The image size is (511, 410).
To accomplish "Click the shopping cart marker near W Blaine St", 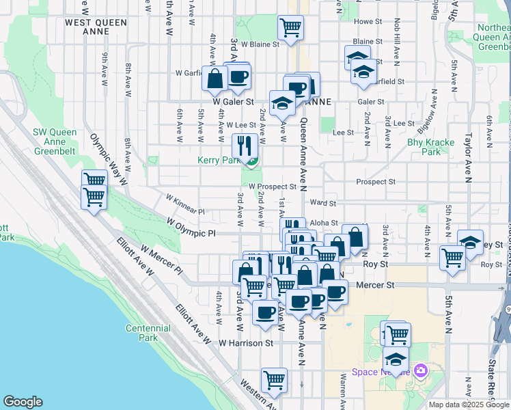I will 290,28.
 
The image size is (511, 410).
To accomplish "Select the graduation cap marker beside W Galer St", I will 281,103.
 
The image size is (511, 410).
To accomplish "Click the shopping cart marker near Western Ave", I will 274,381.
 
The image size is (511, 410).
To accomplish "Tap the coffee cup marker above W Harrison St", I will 265,313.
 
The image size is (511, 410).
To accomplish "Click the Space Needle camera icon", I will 420,371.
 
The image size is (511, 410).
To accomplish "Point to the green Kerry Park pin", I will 252,162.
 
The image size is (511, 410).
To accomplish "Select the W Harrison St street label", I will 246,342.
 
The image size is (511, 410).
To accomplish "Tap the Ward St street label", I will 323,203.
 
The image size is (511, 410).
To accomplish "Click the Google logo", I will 23,402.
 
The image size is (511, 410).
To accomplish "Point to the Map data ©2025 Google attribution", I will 468,405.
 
